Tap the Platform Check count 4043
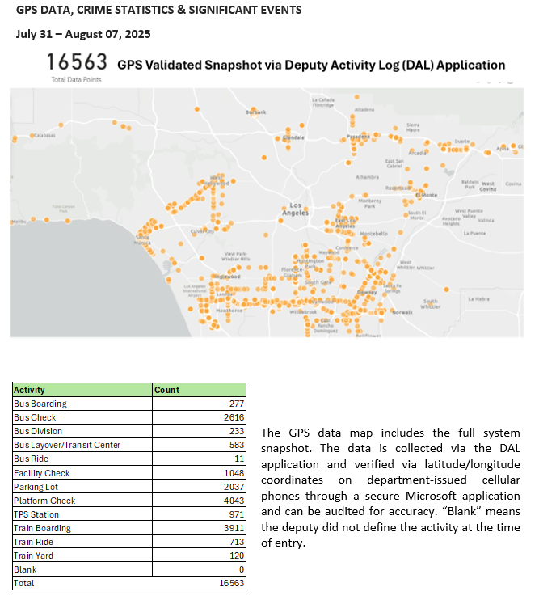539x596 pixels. pos(232,501)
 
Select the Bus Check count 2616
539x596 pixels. pos(232,417)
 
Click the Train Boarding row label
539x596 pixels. pos(42,528)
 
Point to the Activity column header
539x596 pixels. pos(30,390)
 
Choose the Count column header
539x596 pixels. pos(167,390)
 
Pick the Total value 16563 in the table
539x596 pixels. pos(229,583)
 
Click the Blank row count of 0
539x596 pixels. pos(241,569)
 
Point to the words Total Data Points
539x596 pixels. pos(75,80)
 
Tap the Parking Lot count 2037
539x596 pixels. pos(232,487)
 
